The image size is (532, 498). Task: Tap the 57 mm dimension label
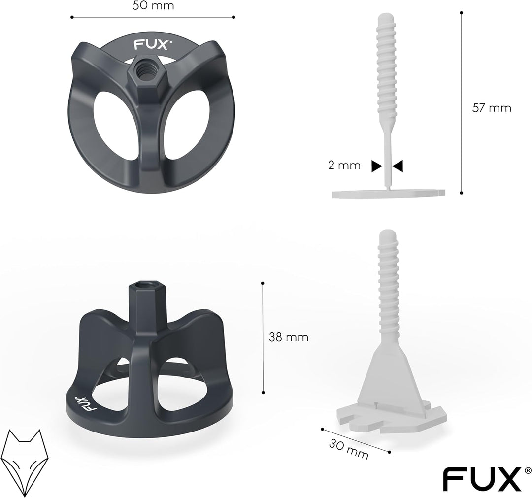492,108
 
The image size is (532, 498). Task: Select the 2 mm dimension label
345,166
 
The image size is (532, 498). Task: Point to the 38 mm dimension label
289,337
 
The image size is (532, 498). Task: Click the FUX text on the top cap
146,45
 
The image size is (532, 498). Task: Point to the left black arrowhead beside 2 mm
376,166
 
